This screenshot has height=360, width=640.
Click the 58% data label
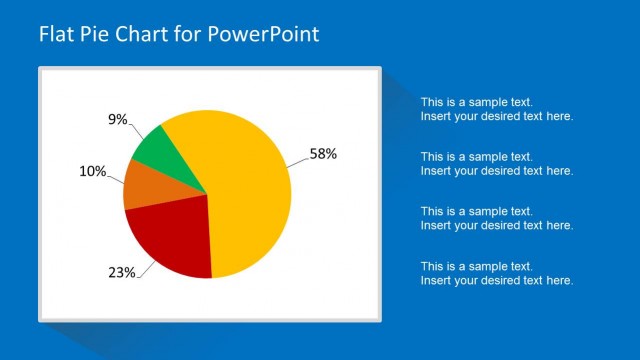[x=323, y=154]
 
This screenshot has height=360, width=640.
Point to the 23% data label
[x=122, y=272]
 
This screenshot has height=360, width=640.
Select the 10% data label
[x=92, y=171]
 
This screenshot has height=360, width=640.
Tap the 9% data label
[x=117, y=120]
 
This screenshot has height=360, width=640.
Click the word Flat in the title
[x=55, y=34]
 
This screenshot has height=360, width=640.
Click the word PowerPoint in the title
[x=264, y=34]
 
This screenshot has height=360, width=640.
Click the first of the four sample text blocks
[x=496, y=109]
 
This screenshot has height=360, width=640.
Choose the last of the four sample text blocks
[x=496, y=273]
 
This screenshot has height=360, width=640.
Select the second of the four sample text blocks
[x=496, y=164]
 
